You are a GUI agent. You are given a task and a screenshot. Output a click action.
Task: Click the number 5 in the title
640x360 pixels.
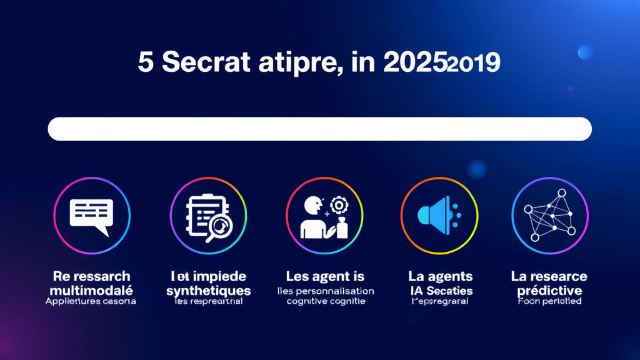click(x=145, y=63)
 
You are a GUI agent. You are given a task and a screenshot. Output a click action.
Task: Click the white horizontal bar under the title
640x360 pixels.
click(x=319, y=128)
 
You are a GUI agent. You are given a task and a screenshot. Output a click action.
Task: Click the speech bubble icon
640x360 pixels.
click(x=91, y=215)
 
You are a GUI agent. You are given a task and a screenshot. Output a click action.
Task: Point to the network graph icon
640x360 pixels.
click(x=549, y=215)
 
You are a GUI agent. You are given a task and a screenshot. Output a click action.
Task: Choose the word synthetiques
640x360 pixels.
click(x=209, y=291)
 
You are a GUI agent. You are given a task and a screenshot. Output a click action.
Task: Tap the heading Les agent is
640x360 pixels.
click(x=325, y=276)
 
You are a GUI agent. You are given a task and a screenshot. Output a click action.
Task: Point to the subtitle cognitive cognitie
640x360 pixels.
click(x=326, y=301)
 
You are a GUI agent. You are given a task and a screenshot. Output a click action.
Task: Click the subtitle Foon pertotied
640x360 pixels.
click(x=549, y=301)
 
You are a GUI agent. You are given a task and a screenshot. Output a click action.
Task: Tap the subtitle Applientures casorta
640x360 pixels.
click(x=91, y=301)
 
